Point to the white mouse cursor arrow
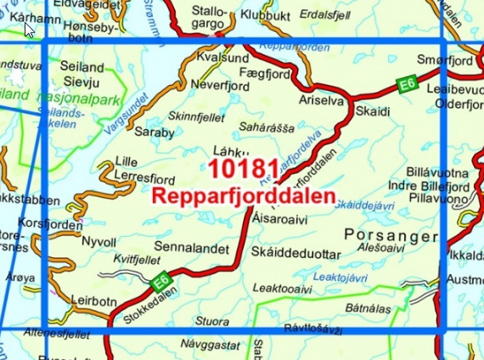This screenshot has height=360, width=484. coord(29,29)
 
